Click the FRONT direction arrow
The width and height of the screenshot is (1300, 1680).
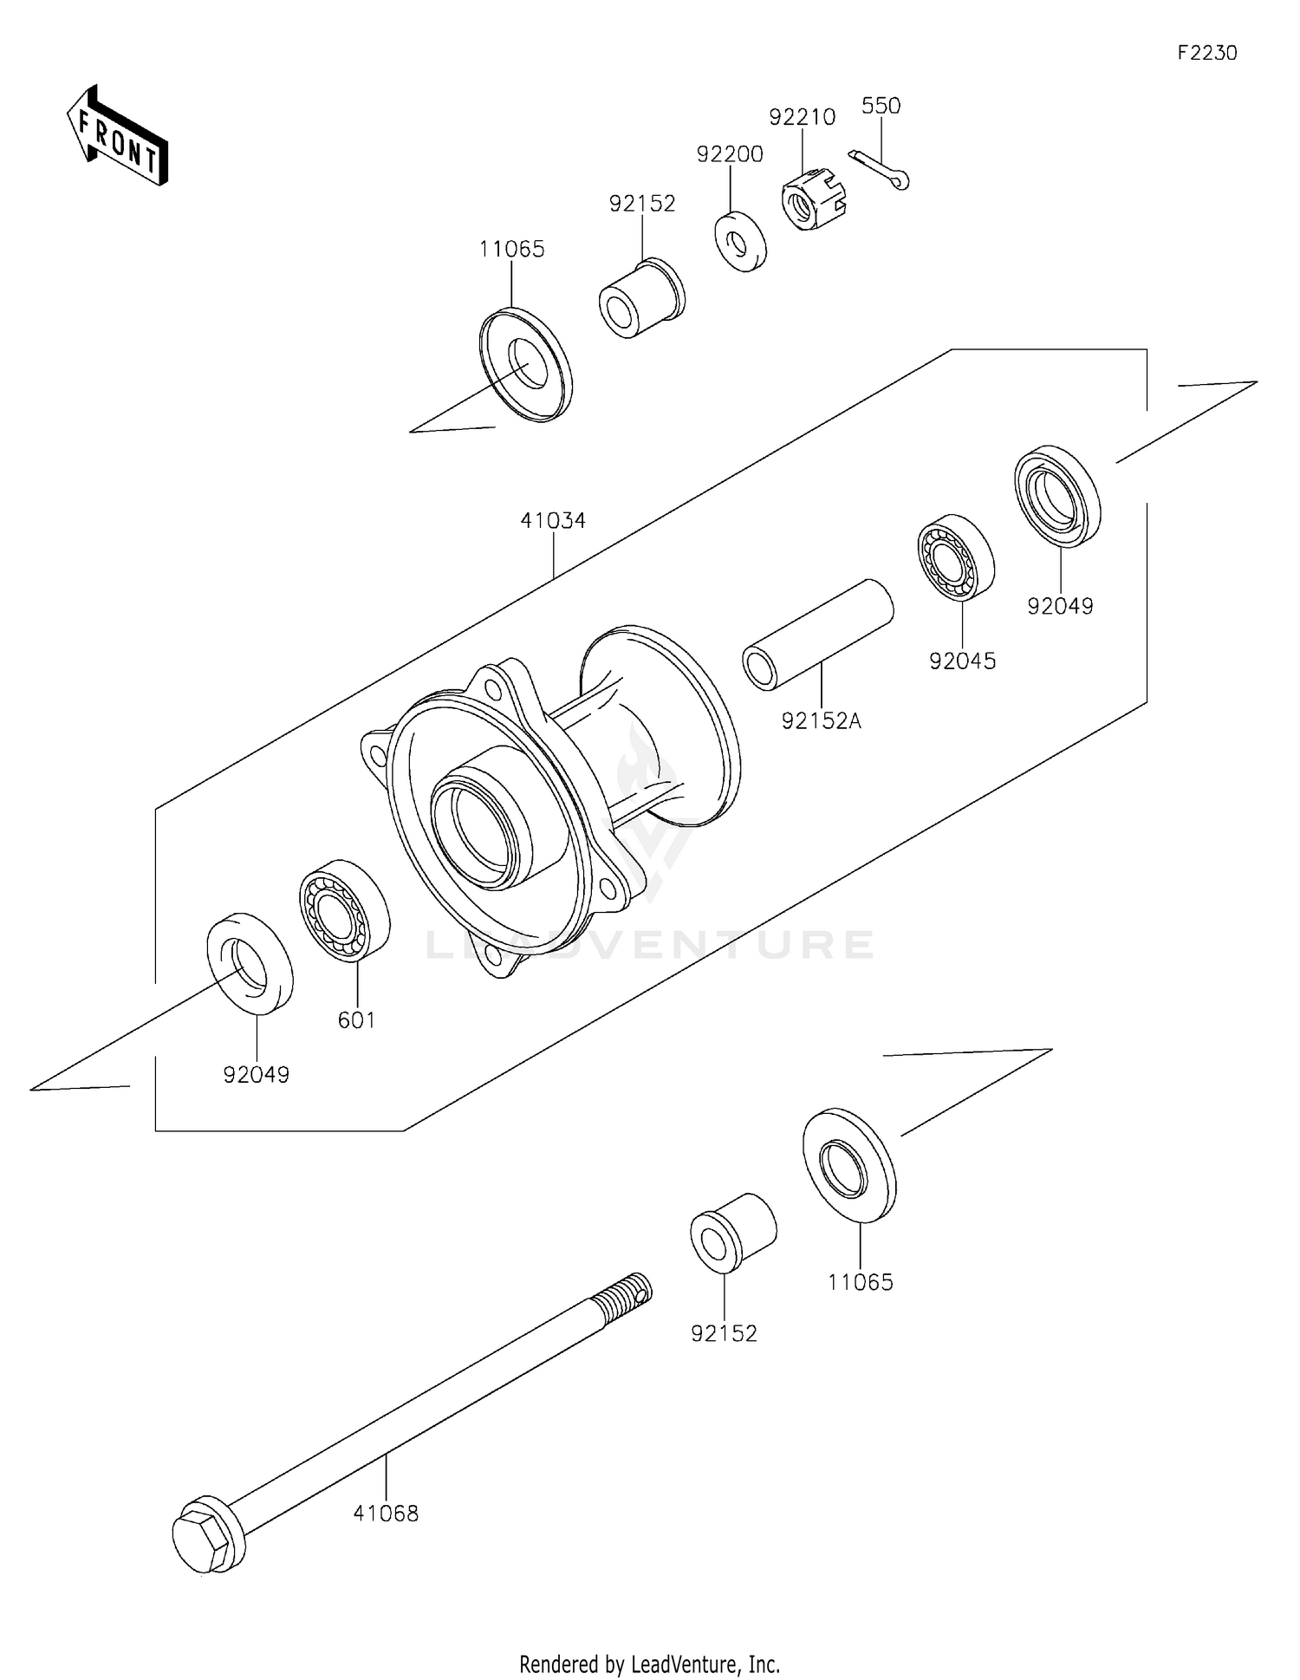[x=118, y=136]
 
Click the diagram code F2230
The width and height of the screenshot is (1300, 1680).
[x=1206, y=53]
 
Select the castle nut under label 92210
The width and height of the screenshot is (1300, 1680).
[x=812, y=199]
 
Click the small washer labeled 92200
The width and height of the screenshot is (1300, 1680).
[x=740, y=240]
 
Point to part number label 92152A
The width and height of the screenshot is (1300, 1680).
[x=821, y=720]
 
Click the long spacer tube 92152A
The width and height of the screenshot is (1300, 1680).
[x=817, y=635]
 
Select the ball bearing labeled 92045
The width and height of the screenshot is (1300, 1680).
[x=955, y=557]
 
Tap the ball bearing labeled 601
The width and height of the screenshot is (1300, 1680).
[x=344, y=909]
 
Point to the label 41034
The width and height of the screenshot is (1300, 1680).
[x=553, y=521]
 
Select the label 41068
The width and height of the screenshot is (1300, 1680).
[x=386, y=1514]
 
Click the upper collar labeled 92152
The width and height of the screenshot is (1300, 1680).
[x=641, y=297]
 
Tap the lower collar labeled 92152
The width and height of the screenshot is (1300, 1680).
[x=732, y=1233]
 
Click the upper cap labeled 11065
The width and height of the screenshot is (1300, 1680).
[x=526, y=364]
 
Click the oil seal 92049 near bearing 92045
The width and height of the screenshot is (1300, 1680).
[x=1056, y=496]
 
